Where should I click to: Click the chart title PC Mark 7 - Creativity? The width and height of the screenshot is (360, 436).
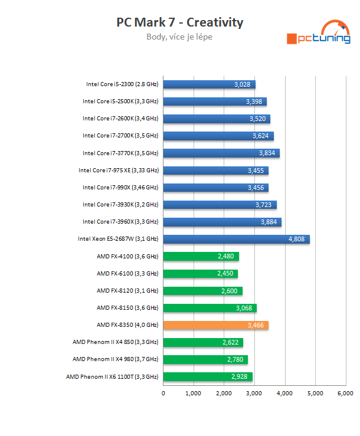(180, 22)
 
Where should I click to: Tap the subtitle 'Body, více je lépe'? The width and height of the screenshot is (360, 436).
(179, 37)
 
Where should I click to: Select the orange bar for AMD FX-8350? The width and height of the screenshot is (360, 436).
(215, 325)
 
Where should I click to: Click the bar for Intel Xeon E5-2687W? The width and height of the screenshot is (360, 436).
(236, 239)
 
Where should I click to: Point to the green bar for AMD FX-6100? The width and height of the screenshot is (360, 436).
(200, 274)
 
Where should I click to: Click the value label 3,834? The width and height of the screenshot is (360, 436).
(267, 153)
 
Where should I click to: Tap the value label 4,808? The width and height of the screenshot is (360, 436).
(297, 240)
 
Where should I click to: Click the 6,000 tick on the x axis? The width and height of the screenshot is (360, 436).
(345, 394)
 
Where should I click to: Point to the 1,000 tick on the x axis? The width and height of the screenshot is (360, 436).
(194, 394)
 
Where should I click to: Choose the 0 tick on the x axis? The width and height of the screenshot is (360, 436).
(163, 394)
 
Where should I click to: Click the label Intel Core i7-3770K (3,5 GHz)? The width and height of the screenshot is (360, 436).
(120, 153)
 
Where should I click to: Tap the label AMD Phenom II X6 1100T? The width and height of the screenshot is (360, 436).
(112, 376)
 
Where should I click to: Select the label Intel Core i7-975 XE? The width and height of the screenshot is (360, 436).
(119, 171)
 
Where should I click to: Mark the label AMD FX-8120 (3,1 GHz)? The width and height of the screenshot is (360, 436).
(127, 290)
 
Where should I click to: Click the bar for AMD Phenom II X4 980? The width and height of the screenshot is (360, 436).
(205, 359)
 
